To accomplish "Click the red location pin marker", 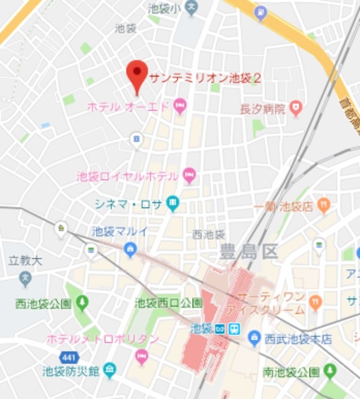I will pos(136,74).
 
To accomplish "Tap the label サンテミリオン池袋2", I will pos(205,79).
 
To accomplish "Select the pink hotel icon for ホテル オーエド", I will pos(180,106).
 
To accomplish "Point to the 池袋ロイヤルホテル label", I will pos(127,176).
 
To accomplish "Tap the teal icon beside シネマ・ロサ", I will pos(173,203).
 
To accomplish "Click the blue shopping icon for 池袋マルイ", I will pos(130,250).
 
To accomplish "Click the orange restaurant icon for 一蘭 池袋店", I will pos(324,205).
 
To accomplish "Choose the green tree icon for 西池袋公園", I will pos(82,304).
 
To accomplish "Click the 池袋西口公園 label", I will pos(168,303).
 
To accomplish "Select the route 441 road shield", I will pos(69,357).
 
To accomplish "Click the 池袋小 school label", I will pos(164,8).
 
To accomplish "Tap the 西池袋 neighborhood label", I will pos(208,234).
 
